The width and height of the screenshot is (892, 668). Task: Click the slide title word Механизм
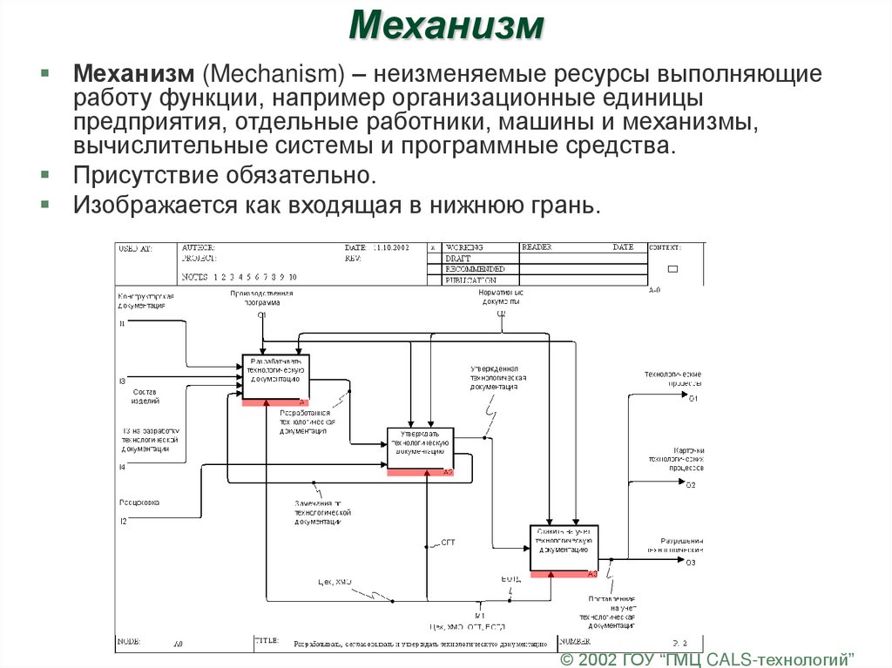tap(446, 26)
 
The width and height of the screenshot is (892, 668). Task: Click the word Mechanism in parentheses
tap(275, 75)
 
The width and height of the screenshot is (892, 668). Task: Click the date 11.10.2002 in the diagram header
tap(390, 248)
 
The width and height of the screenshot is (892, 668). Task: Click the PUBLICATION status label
tap(470, 280)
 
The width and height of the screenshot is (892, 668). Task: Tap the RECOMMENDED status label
tap(474, 269)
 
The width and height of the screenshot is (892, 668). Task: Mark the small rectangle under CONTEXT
tap(672, 270)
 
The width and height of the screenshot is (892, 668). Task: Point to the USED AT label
tap(134, 248)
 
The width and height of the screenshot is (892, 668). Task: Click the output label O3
tap(691, 562)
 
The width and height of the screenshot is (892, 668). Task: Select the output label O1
tap(693, 398)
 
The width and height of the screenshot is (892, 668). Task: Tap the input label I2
tap(123, 521)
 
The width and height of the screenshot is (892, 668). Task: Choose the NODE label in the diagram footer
tap(129, 641)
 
